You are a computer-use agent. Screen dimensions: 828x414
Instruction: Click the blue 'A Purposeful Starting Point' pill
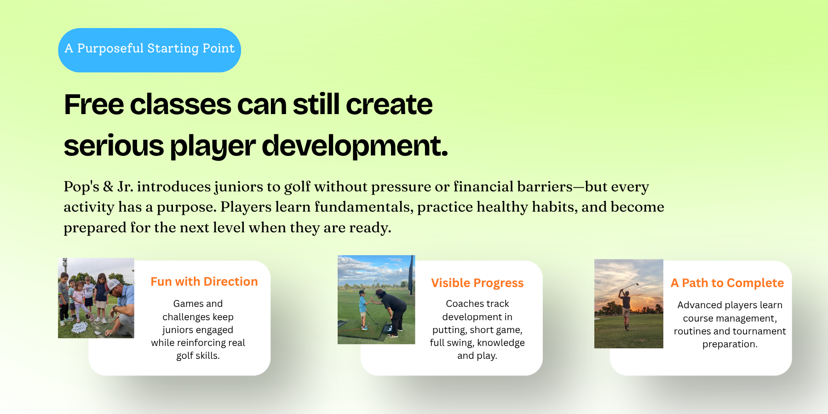pyautogui.click(x=149, y=50)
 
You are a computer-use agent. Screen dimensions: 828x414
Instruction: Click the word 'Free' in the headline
pyautogui.click(x=94, y=104)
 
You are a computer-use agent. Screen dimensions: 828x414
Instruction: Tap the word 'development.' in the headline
pyautogui.click(x=355, y=146)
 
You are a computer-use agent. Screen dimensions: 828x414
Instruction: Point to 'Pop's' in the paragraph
pyautogui.click(x=81, y=186)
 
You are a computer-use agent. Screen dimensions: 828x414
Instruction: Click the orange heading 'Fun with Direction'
pyautogui.click(x=204, y=282)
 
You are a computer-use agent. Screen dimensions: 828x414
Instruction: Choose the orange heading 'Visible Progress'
pyautogui.click(x=477, y=283)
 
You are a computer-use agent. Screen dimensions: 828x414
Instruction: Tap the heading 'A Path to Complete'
pyautogui.click(x=727, y=283)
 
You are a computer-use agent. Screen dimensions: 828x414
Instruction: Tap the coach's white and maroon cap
pyautogui.click(x=112, y=285)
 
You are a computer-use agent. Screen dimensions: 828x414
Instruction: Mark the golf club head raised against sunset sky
pyautogui.click(x=637, y=283)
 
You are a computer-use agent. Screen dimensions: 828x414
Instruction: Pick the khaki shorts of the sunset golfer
pyautogui.click(x=626, y=311)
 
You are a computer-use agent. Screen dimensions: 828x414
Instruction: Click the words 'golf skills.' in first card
pyautogui.click(x=198, y=356)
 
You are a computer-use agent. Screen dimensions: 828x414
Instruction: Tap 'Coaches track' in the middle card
pyautogui.click(x=477, y=304)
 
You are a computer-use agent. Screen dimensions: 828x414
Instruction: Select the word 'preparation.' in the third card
pyautogui.click(x=730, y=344)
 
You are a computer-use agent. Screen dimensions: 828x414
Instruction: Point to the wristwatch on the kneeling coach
pyautogui.click(x=115, y=307)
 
